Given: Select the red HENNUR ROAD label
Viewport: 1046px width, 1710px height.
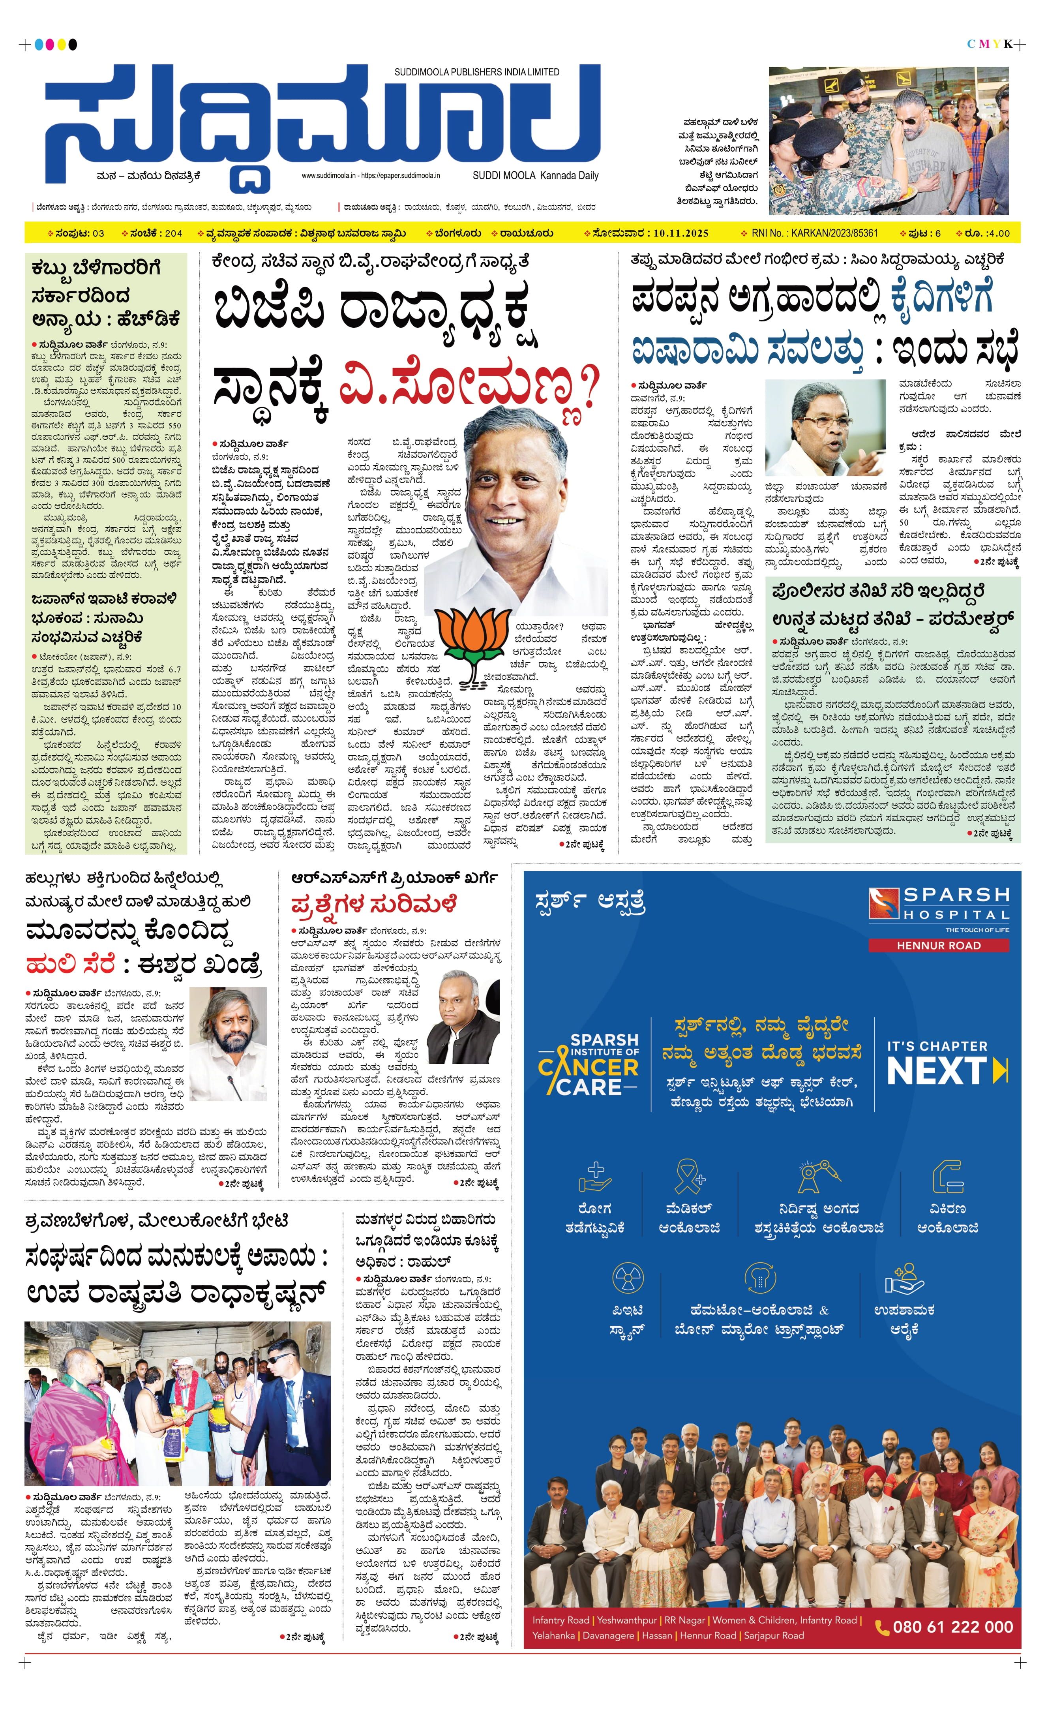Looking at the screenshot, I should (x=939, y=945).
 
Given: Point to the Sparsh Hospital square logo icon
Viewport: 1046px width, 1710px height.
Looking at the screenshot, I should (x=883, y=904).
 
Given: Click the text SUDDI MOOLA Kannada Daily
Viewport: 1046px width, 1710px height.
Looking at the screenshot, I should (x=535, y=176).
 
